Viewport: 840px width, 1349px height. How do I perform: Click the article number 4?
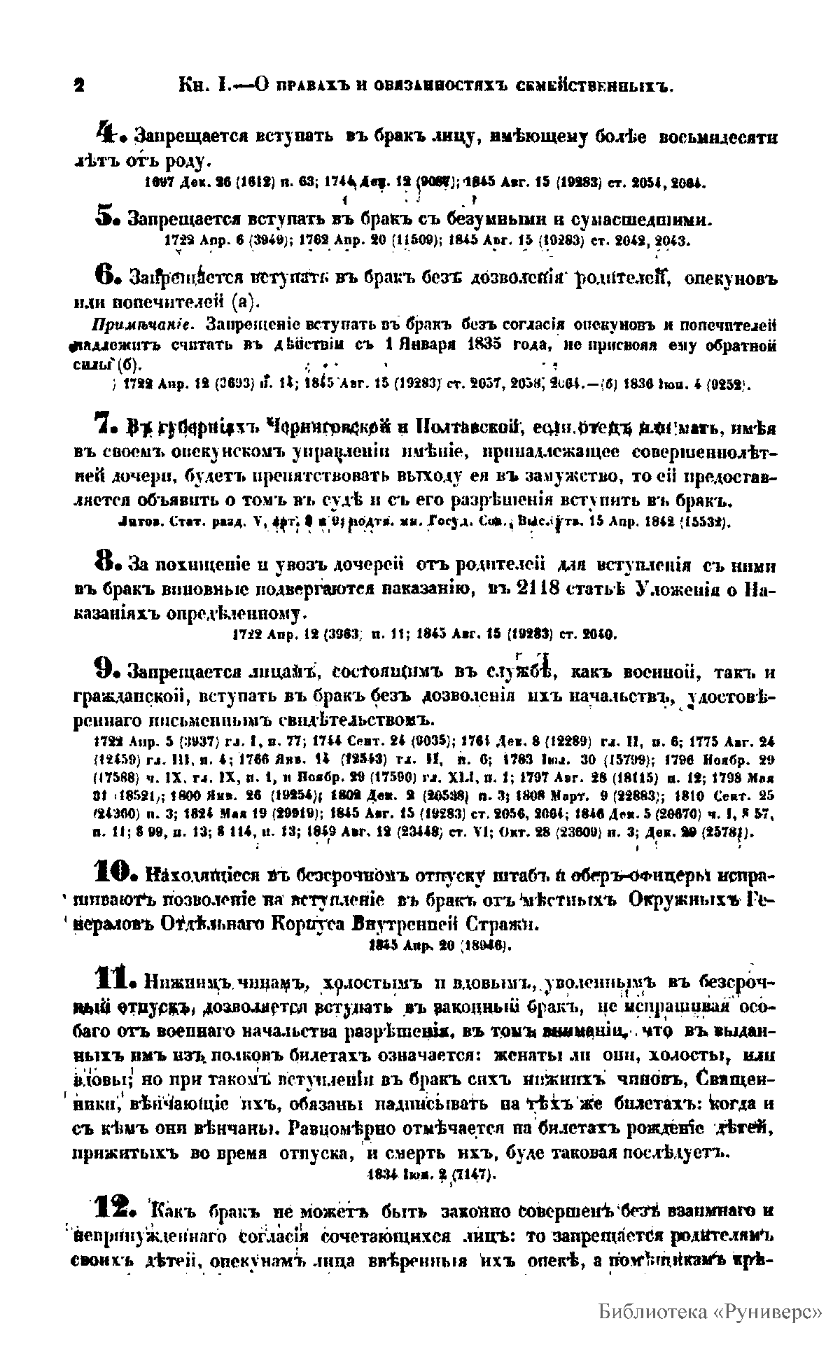point(106,132)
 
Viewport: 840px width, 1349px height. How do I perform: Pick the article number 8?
point(105,559)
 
